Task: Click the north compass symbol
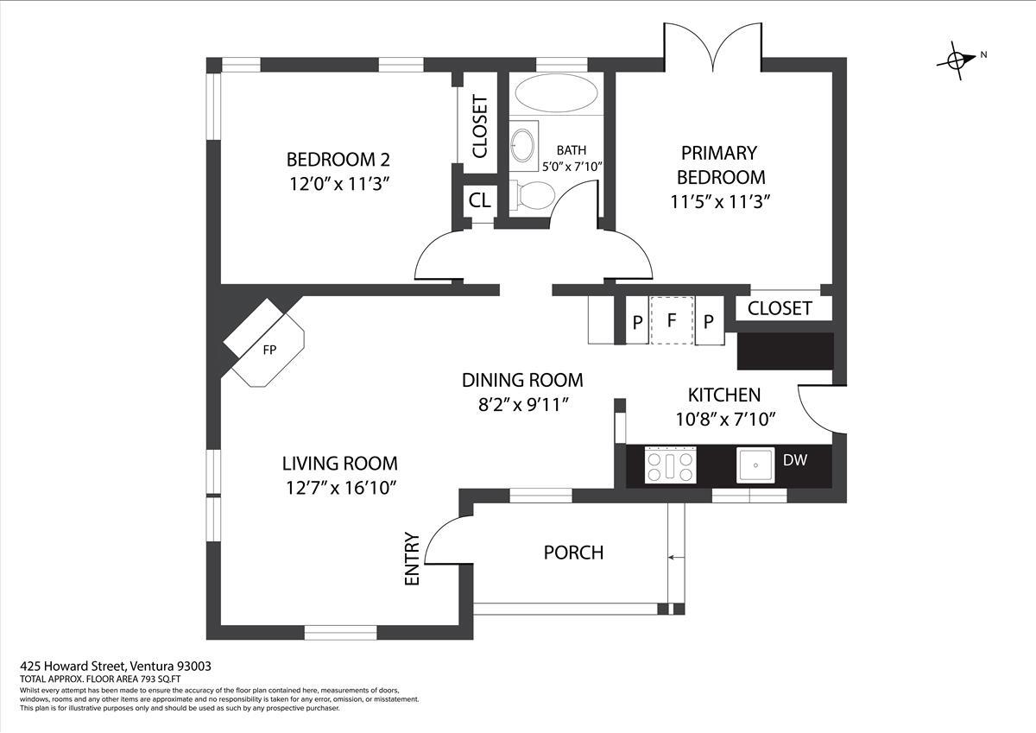pyautogui.click(x=957, y=60)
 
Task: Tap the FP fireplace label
pyautogui.click(x=269, y=350)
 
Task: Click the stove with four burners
pyautogui.click(x=670, y=466)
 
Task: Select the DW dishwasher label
pyautogui.click(x=794, y=460)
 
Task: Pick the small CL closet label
pyautogui.click(x=479, y=200)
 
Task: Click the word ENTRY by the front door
pyautogui.click(x=412, y=559)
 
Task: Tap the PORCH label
pyautogui.click(x=573, y=553)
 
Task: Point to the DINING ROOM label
pyautogui.click(x=522, y=380)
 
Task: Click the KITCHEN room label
pyautogui.click(x=723, y=395)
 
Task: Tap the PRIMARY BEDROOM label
pyautogui.click(x=720, y=165)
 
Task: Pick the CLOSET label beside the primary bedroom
pyautogui.click(x=780, y=308)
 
